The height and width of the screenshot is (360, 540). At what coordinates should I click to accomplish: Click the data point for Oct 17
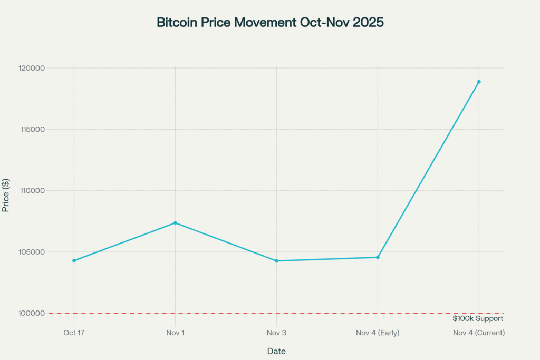[74, 260]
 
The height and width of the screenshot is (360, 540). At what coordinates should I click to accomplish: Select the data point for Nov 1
[175, 223]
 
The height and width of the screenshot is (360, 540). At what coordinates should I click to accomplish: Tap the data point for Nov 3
[276, 261]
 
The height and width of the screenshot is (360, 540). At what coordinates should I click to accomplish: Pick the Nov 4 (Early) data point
[378, 257]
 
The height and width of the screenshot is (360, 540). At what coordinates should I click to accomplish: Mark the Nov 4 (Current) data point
[479, 82]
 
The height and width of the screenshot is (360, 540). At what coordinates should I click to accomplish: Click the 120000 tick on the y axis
[31, 68]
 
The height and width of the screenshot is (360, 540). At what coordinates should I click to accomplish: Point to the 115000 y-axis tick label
[31, 129]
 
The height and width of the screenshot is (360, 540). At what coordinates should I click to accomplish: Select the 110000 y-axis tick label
[31, 190]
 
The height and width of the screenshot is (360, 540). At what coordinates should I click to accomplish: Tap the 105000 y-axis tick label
[31, 251]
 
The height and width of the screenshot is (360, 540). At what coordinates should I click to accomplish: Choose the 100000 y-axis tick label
[31, 313]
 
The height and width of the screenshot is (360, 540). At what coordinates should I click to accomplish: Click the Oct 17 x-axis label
[74, 333]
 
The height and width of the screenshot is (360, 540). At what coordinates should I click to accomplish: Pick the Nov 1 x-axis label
[175, 333]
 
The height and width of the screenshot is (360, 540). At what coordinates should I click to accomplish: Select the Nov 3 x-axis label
[276, 333]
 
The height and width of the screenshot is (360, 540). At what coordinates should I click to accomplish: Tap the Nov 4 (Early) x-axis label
[378, 333]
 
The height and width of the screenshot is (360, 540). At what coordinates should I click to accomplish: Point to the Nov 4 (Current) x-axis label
[479, 333]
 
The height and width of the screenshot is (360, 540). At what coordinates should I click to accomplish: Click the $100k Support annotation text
[478, 318]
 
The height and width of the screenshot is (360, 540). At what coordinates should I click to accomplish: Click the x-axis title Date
[276, 351]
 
